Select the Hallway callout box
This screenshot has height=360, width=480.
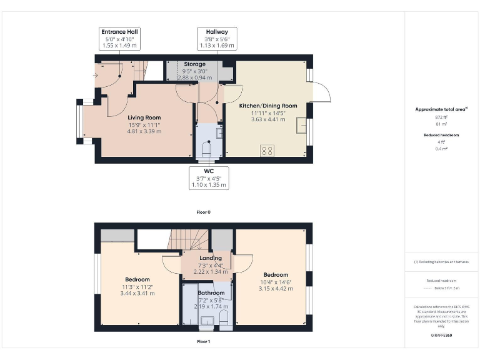(x=212, y=38)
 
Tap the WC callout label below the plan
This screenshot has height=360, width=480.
(x=209, y=177)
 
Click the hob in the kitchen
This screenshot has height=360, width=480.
(x=267, y=150)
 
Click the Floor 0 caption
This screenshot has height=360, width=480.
(x=203, y=212)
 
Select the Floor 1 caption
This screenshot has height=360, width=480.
(x=203, y=342)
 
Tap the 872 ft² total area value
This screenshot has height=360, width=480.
(x=442, y=117)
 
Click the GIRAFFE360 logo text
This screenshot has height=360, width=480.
(x=441, y=336)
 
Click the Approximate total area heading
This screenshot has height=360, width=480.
(x=441, y=109)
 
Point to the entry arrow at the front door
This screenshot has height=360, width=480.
(x=95, y=76)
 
